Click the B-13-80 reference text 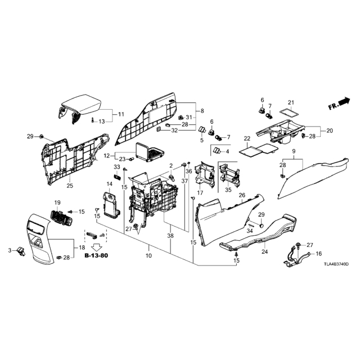(96, 255)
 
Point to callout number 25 (70, 185)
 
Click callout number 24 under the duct (265, 251)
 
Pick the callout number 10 (148, 255)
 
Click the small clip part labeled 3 (21, 251)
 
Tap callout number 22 (247, 139)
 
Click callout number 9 (294, 151)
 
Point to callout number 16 (319, 254)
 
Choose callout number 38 (170, 236)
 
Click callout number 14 (110, 184)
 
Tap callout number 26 (242, 195)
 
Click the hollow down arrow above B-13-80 (96, 247)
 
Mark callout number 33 (117, 166)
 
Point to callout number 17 (200, 192)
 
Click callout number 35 (228, 190)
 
